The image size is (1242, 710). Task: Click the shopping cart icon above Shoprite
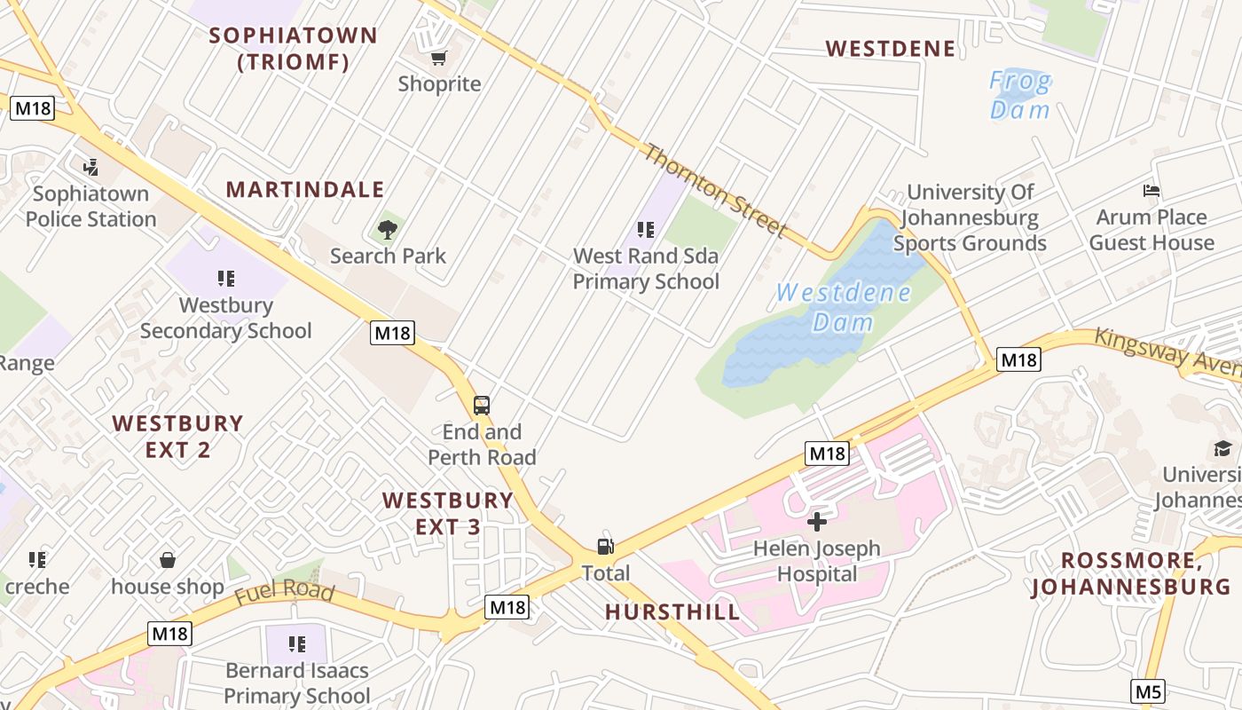click(438, 59)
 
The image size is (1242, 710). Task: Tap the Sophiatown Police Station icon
click(90, 167)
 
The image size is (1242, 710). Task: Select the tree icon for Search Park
click(387, 230)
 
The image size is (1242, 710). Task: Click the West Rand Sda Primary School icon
click(646, 230)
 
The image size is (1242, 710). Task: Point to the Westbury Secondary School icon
click(226, 279)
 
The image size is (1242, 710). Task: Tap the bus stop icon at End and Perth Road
click(482, 406)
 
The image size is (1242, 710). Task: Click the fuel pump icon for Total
click(606, 546)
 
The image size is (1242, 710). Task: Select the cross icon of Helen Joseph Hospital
click(817, 522)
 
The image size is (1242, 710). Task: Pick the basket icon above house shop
click(168, 560)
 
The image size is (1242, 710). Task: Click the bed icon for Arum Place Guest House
click(1152, 191)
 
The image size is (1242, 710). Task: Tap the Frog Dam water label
click(1020, 96)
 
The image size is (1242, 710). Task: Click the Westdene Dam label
click(843, 307)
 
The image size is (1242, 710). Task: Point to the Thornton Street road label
click(715, 191)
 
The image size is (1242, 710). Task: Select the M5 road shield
click(1148, 690)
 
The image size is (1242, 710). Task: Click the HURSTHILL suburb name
click(672, 611)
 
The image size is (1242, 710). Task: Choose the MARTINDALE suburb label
click(305, 189)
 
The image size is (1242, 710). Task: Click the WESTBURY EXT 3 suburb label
click(448, 513)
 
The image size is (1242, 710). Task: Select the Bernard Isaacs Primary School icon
click(297, 643)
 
